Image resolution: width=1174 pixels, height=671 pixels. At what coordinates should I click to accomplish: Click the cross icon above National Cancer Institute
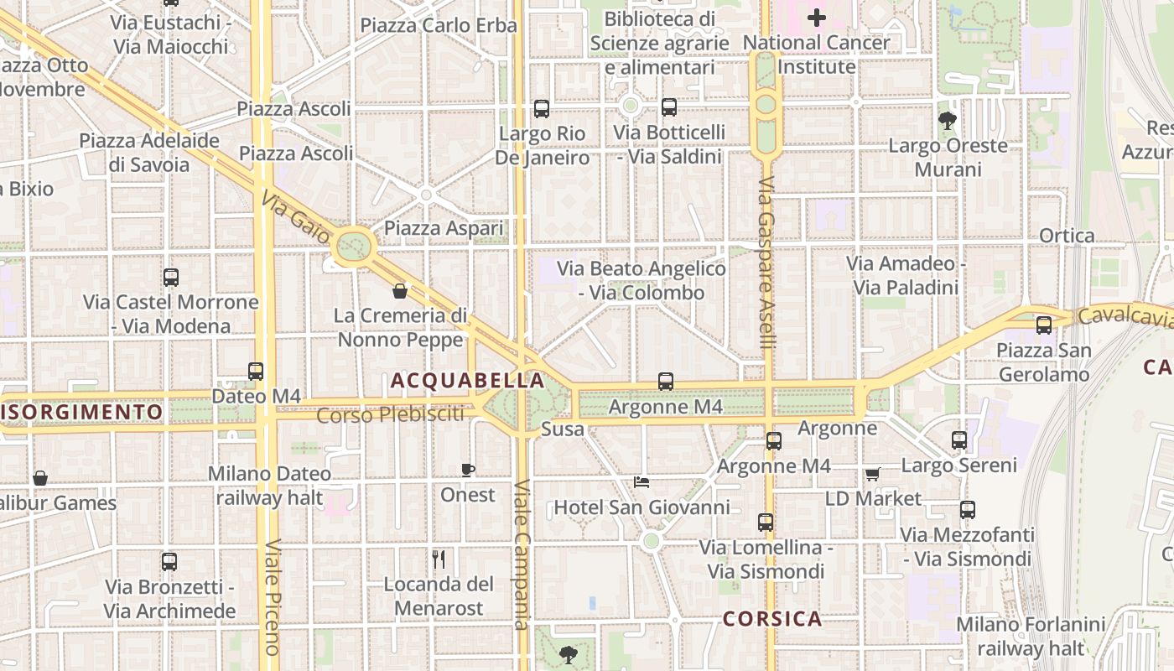pyautogui.click(x=816, y=17)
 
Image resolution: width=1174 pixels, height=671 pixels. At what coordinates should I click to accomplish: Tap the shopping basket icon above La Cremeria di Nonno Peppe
pyautogui.click(x=400, y=291)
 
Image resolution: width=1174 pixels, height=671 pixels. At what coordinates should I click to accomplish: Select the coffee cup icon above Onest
pyautogui.click(x=468, y=470)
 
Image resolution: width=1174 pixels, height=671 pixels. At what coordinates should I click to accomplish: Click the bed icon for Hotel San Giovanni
pyautogui.click(x=642, y=482)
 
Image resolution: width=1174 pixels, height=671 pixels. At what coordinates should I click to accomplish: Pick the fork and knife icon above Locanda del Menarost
pyautogui.click(x=438, y=559)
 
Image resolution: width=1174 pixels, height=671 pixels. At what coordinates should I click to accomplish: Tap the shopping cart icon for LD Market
pyautogui.click(x=872, y=474)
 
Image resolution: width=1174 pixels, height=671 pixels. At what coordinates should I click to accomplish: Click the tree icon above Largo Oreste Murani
pyautogui.click(x=948, y=121)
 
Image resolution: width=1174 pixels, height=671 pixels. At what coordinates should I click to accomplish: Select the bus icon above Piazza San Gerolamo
pyautogui.click(x=1044, y=325)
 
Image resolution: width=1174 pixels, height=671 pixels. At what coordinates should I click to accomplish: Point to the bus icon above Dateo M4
pyautogui.click(x=256, y=371)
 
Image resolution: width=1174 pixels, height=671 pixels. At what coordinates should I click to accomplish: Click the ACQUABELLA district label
pyautogui.click(x=468, y=381)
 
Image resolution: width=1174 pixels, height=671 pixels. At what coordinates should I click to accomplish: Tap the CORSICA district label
pyautogui.click(x=772, y=619)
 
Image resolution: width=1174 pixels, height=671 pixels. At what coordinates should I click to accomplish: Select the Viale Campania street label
pyautogui.click(x=522, y=554)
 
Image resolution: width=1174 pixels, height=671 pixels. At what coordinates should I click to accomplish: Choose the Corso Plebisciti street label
pyautogui.click(x=391, y=414)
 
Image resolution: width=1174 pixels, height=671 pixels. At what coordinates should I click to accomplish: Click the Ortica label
pyautogui.click(x=1067, y=236)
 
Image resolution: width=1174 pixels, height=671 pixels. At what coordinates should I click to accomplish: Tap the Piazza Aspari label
pyautogui.click(x=444, y=228)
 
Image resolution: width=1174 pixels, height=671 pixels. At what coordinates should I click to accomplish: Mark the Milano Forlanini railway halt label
pyautogui.click(x=1031, y=636)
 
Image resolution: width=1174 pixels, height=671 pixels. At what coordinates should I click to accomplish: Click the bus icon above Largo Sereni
pyautogui.click(x=959, y=440)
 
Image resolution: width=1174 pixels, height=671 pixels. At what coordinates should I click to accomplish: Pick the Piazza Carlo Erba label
pyautogui.click(x=439, y=25)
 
